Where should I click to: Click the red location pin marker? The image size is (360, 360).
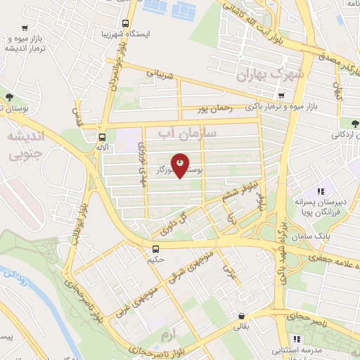[180, 165]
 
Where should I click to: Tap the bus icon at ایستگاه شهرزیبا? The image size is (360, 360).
[126, 22]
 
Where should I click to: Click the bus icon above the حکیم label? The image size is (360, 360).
[156, 248]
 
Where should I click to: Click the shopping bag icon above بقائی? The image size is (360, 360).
[242, 316]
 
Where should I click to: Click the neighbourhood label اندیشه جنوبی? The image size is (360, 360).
[22, 143]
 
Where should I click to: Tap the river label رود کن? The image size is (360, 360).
[17, 279]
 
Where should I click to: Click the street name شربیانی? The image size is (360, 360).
[160, 72]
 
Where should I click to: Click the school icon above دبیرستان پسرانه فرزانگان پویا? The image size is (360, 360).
[320, 191]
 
